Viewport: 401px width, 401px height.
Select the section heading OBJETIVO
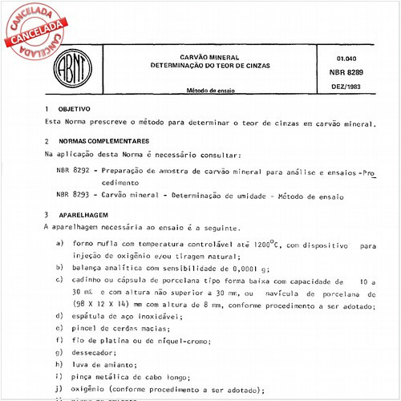(73, 109)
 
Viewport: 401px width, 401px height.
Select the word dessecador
(95, 352)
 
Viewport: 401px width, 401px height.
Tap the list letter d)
(61, 317)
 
